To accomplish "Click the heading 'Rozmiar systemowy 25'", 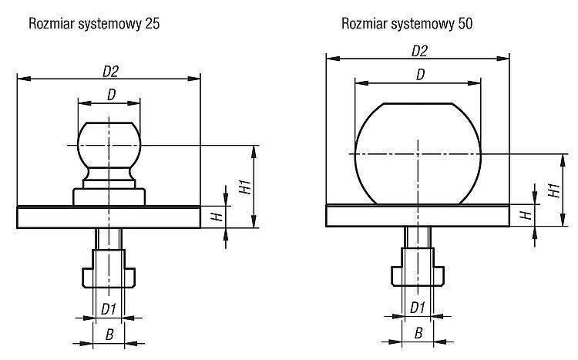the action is coord(94,24).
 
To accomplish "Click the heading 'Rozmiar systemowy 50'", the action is coord(407,24).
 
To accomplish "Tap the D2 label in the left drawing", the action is coord(110,72).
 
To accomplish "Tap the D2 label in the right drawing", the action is coord(419,52).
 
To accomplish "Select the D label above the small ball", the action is coord(111,95).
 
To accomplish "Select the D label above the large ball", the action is coord(420,75).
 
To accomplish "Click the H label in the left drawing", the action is coord(217,217).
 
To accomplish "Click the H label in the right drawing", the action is coord(526,214).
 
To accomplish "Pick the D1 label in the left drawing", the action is coord(109,309).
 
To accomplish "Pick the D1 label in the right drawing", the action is coord(417,308).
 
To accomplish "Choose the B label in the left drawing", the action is coord(109,335).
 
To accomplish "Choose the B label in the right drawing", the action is coord(418,334).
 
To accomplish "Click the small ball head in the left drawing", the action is coord(109,145).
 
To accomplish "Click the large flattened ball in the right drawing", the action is coord(418,154).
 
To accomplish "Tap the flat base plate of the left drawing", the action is coord(109,217).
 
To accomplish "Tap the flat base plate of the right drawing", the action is coord(418,215).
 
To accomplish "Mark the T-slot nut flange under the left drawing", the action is coord(109,278).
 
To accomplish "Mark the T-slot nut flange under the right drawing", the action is coord(418,275).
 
